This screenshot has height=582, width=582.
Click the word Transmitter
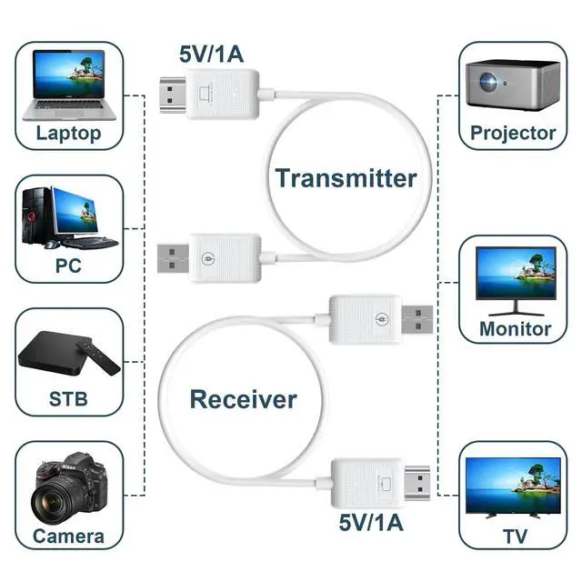[x=346, y=178]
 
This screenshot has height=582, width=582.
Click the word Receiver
[x=243, y=399]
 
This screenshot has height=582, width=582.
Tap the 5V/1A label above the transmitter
[x=211, y=55]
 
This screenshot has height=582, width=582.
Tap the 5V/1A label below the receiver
[x=371, y=523]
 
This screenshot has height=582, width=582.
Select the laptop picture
[x=69, y=85]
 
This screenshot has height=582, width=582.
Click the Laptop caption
[x=69, y=134]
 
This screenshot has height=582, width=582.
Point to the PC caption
[x=68, y=266]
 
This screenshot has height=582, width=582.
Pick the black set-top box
[x=55, y=353]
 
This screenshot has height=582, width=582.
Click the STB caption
[x=68, y=399]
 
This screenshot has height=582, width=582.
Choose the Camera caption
[x=68, y=537]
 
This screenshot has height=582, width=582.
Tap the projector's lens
[x=488, y=82]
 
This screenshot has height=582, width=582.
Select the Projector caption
[x=513, y=133]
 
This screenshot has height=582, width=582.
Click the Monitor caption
[x=516, y=329]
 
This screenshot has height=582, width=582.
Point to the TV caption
[x=516, y=537]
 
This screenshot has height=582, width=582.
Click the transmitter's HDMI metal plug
[x=173, y=95]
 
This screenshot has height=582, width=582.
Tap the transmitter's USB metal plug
[x=173, y=258]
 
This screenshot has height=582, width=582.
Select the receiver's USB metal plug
[x=417, y=319]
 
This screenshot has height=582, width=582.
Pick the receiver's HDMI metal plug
[x=416, y=483]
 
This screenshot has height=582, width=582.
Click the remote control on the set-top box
[x=98, y=357]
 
